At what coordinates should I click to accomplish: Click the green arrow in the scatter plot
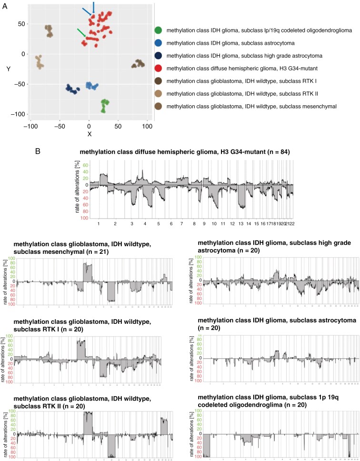(81, 32)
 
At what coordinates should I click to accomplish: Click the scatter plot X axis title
(89, 134)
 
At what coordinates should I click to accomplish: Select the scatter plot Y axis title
(9, 69)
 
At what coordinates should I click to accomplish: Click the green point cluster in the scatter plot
(105, 105)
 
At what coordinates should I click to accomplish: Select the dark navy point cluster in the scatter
(72, 89)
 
